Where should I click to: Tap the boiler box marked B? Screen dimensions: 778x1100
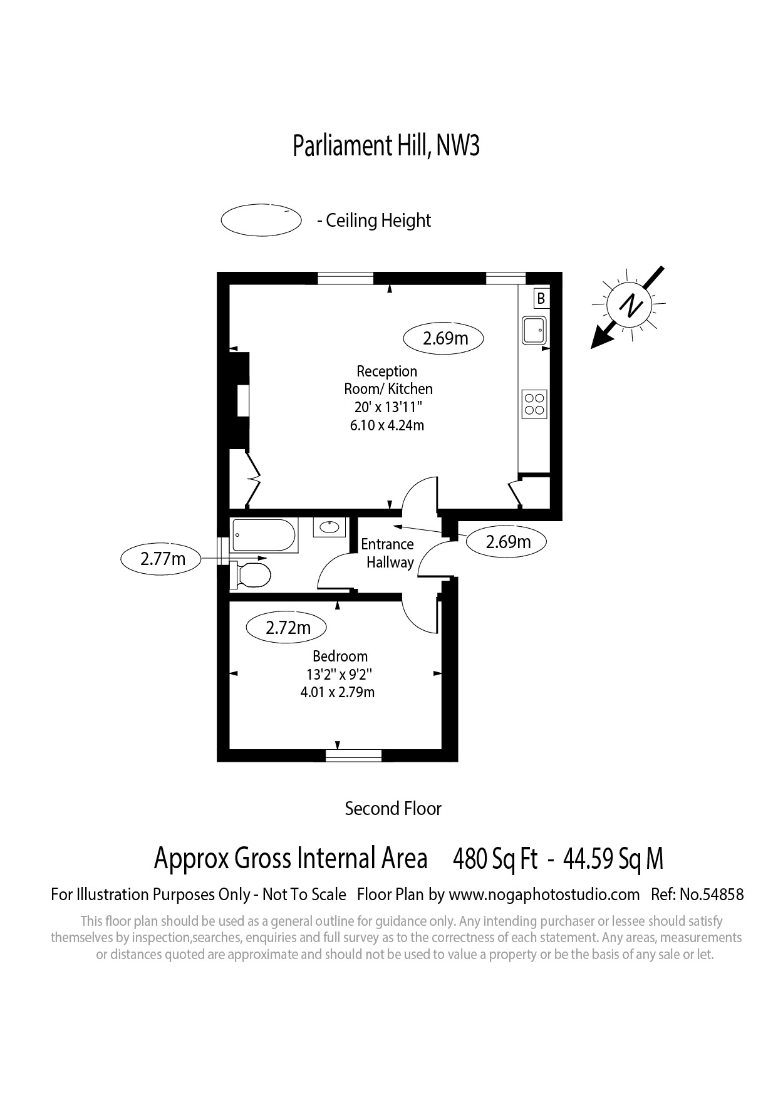pos(541,298)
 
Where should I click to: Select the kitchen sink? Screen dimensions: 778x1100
pos(534,331)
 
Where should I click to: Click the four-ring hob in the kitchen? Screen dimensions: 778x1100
pos(534,404)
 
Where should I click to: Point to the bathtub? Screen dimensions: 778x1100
pos(264,536)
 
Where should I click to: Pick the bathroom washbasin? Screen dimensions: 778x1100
pos(329,527)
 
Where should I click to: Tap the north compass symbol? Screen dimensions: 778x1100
pos(629,306)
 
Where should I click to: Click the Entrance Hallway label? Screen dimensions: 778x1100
pos(388,553)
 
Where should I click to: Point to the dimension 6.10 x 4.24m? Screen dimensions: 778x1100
pos(386,425)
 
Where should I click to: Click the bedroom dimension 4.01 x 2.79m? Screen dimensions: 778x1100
pos(338,692)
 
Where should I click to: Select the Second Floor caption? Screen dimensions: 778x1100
pos(393,809)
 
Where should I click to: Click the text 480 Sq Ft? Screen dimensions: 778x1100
pos(495,858)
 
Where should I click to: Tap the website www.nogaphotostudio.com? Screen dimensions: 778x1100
pos(544,894)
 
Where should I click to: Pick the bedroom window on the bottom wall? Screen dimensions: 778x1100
pos(354,755)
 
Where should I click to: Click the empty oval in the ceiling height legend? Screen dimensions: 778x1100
pos(261,221)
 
